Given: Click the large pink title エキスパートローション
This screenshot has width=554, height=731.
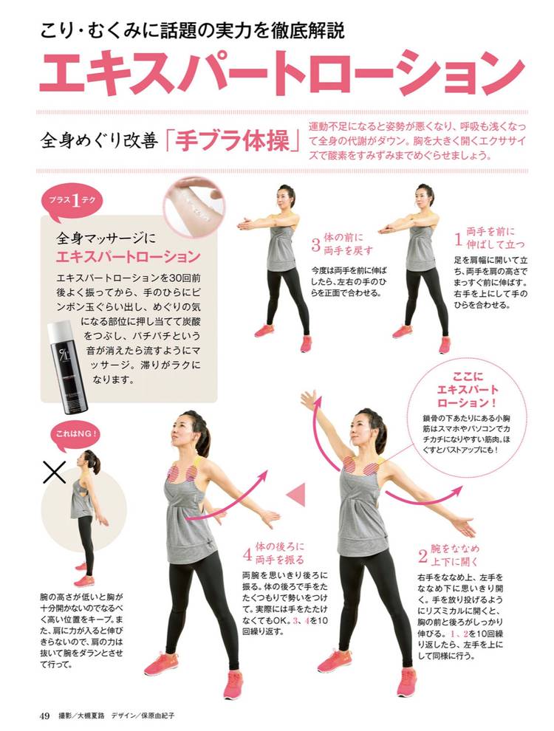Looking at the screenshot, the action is pyautogui.click(x=281, y=72).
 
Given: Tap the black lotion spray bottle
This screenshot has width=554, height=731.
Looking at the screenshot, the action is pyautogui.click(x=68, y=366).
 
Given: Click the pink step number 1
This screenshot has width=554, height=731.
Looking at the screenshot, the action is pyautogui.click(x=459, y=239).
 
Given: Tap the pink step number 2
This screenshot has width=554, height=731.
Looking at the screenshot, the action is pyautogui.click(x=423, y=556).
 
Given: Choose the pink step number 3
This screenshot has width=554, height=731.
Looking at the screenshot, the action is pyautogui.click(x=315, y=244).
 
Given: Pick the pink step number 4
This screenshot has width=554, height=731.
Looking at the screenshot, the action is pyautogui.click(x=247, y=554).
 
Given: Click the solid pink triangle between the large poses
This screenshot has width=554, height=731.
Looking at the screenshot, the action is pyautogui.click(x=297, y=494).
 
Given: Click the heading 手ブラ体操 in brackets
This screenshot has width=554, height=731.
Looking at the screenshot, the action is pyautogui.click(x=233, y=141).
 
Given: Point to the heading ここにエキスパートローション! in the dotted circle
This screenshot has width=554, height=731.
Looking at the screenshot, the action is pyautogui.click(x=468, y=389).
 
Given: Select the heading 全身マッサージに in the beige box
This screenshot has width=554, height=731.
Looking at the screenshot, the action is pyautogui.click(x=106, y=238).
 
